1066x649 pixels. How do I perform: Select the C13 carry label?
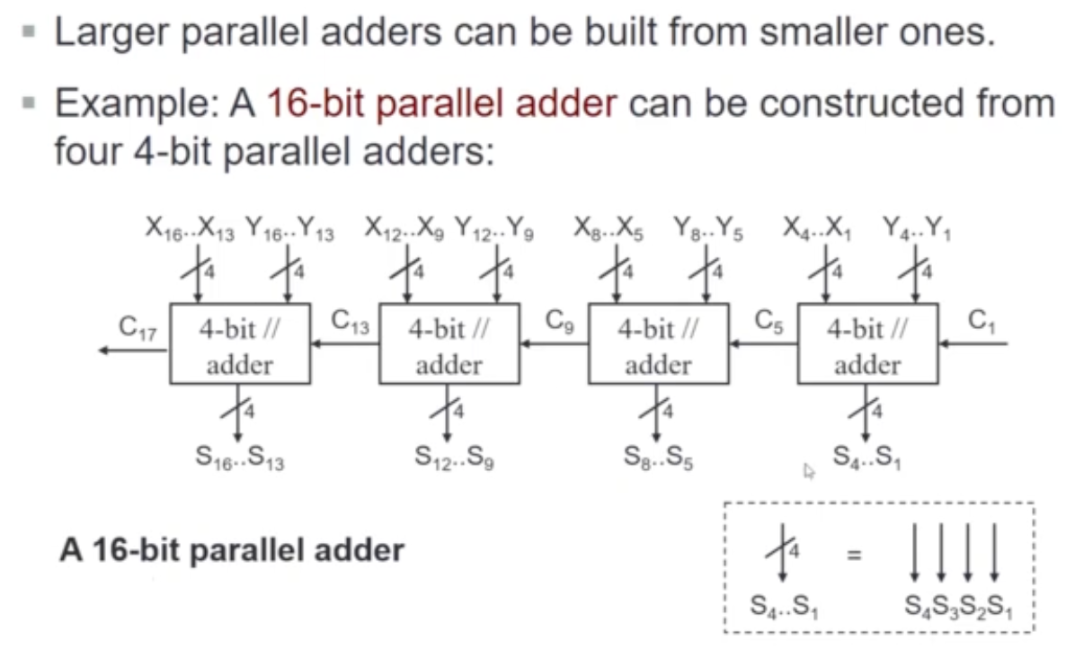tap(351, 321)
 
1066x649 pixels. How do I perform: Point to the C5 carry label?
tap(772, 321)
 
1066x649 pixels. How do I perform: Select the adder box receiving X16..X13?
tap(239, 344)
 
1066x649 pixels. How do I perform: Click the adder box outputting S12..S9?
tap(449, 344)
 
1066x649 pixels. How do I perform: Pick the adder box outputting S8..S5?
tap(658, 344)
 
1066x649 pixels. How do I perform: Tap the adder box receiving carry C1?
tap(867, 344)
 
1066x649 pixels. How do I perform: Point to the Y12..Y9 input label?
tap(493, 231)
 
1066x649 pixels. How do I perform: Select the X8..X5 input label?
tap(609, 231)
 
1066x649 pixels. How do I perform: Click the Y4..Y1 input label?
tap(917, 231)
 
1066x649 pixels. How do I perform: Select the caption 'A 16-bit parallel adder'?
tap(232, 549)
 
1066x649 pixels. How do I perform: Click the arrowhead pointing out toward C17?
tap(104, 350)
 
